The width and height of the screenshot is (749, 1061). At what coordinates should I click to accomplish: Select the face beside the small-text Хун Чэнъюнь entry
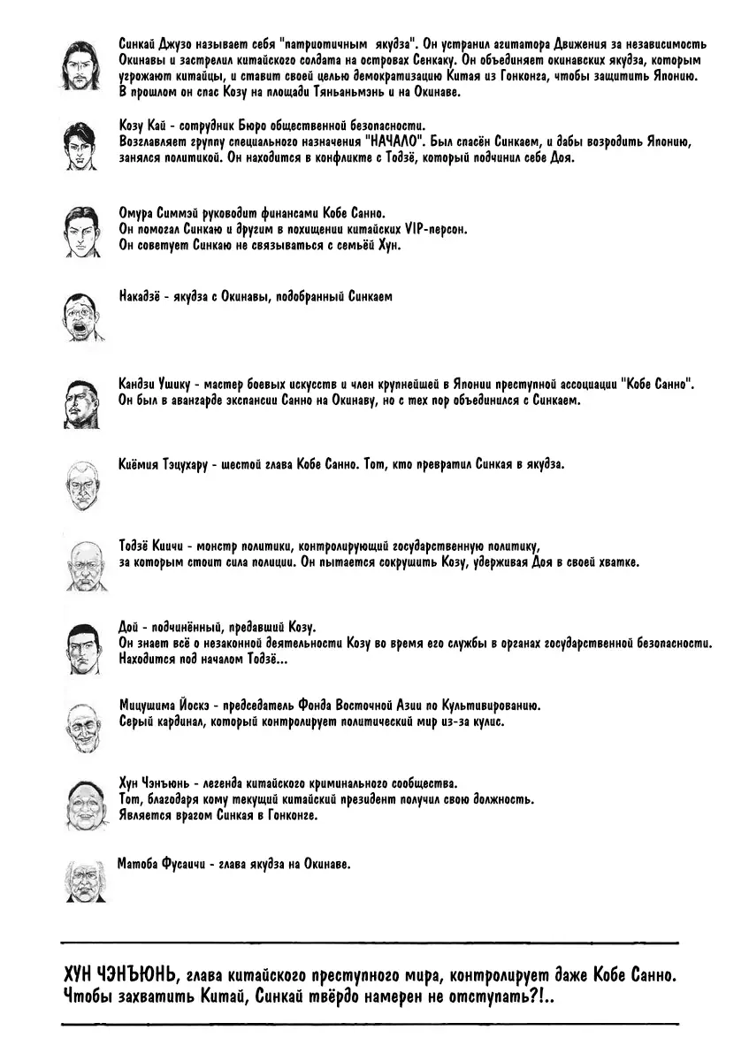click(85, 802)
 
